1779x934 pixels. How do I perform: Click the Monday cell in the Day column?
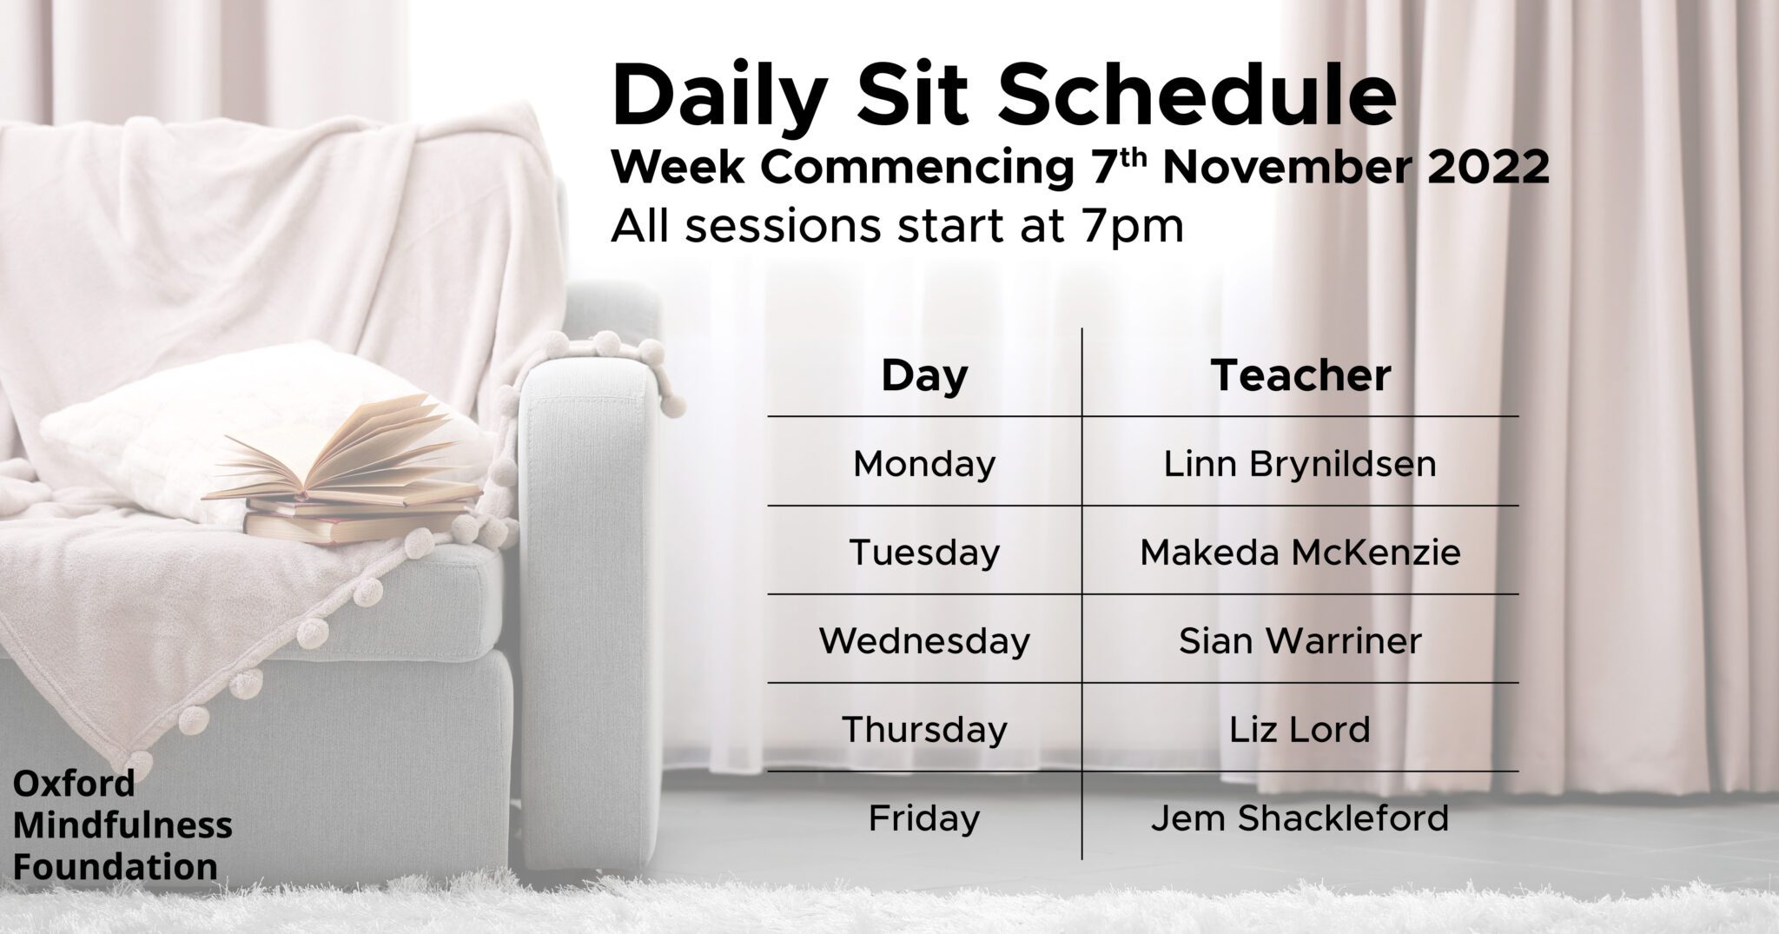point(924,465)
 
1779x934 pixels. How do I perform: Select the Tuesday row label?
point(924,553)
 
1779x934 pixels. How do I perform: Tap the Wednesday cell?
point(924,641)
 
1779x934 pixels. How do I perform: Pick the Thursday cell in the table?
point(924,730)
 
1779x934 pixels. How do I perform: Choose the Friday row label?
point(924,818)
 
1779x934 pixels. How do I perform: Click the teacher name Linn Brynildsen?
point(1300,465)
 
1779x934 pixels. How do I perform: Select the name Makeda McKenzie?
point(1300,553)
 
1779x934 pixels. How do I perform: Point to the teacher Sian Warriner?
point(1300,641)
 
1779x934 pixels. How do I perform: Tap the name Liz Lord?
point(1300,730)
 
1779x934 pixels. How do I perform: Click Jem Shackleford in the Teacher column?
point(1300,818)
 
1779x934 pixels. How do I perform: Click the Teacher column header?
point(1300,375)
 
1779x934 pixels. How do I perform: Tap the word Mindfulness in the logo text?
point(122,825)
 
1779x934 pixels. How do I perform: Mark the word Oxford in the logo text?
point(74,785)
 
